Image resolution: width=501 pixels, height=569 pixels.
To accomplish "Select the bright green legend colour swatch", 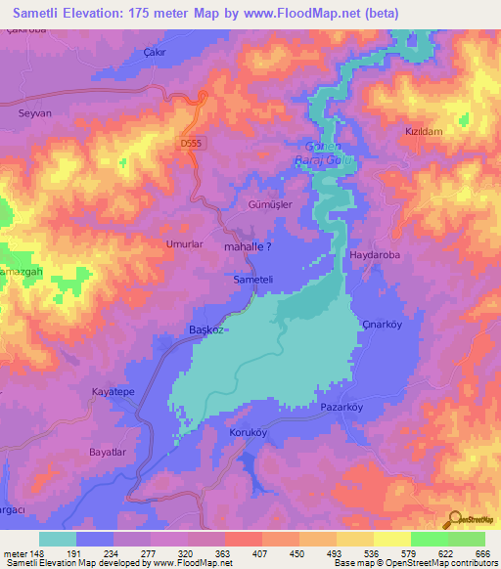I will point(429,539).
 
